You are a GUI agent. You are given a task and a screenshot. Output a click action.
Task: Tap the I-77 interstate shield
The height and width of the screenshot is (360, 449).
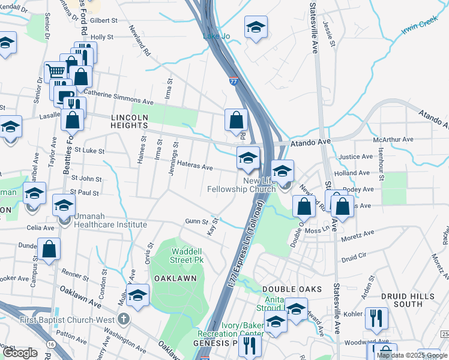[233, 81]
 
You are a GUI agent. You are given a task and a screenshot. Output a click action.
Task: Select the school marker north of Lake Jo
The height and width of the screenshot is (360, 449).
[256, 28]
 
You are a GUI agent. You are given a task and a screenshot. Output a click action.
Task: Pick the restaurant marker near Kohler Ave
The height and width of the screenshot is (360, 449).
[376, 318]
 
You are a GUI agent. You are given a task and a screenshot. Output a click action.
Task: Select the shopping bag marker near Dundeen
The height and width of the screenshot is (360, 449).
[49, 249]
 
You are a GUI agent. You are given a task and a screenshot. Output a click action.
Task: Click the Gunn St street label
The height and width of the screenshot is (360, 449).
[196, 221]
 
